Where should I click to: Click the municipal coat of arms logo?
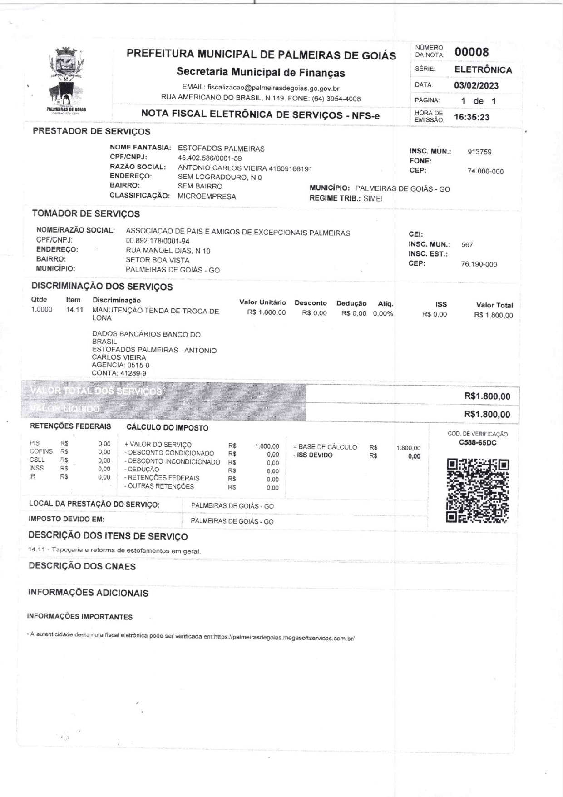pos(66,79)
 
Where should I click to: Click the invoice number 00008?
pos(472,52)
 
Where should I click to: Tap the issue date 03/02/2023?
pos(476,85)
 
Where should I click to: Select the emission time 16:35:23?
pos(472,117)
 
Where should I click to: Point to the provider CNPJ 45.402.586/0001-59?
pos(210,158)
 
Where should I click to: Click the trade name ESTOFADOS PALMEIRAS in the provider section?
pos(221,149)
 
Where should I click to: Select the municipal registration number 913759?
pos(479,152)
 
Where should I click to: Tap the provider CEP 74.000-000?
pos(485,172)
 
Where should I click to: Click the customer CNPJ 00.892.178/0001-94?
pos(158,241)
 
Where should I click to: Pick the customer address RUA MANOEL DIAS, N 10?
pos(168,251)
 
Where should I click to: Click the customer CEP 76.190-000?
pos(479,264)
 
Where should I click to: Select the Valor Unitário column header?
pos(262,302)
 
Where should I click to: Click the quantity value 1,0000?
pos(41,310)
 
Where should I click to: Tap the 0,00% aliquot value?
pos(383,313)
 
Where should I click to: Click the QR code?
pos(478,491)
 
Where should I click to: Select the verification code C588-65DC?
pos(478,442)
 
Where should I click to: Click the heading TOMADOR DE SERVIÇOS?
pos(86,213)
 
